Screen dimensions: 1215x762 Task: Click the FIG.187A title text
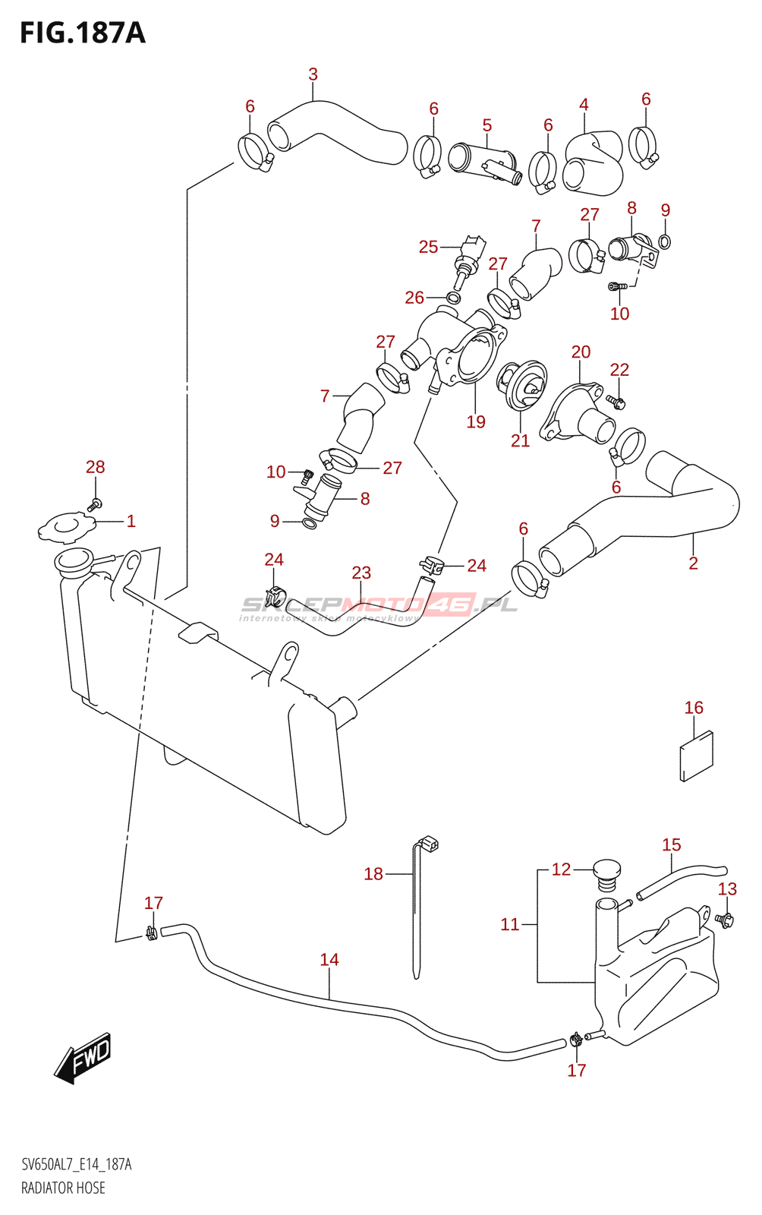[x=82, y=33]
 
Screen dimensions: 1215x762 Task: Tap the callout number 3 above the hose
[x=313, y=74]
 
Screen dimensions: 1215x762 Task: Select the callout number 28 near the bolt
[x=95, y=467]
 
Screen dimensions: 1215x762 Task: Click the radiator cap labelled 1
[x=66, y=526]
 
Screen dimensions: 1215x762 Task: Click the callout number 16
[x=694, y=708]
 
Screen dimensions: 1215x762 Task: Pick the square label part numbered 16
[x=696, y=756]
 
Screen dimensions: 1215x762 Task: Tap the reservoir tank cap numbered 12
[x=606, y=873]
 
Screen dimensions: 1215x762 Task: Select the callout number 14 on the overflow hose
[x=329, y=960]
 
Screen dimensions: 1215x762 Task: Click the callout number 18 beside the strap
[x=373, y=874]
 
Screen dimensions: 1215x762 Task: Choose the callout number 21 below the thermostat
[x=520, y=440]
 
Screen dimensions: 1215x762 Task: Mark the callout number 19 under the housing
[x=476, y=421]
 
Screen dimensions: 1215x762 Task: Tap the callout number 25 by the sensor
[x=428, y=247]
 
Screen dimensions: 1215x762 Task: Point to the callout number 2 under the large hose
[x=693, y=563]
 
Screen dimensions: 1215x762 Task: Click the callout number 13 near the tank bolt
[x=727, y=888]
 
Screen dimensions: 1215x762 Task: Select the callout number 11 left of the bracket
[x=509, y=924]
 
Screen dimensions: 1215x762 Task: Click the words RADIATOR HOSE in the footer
[x=63, y=1188]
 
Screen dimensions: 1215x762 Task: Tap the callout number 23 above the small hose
[x=361, y=573]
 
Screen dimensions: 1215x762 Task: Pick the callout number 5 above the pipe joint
[x=486, y=125]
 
